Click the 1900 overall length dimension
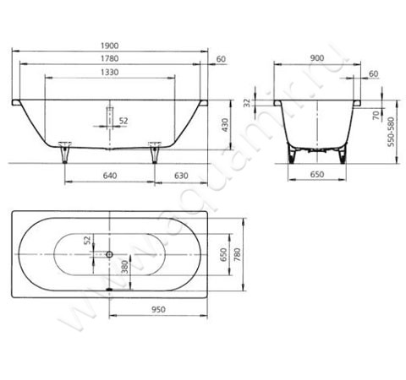(110, 46)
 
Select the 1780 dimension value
(110, 58)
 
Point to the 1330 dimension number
(110, 73)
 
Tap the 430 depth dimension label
(225, 125)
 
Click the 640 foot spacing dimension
(110, 176)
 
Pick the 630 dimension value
(181, 176)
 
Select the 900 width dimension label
(317, 58)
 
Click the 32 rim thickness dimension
(247, 103)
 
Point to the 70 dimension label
(376, 115)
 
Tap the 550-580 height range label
(391, 132)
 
